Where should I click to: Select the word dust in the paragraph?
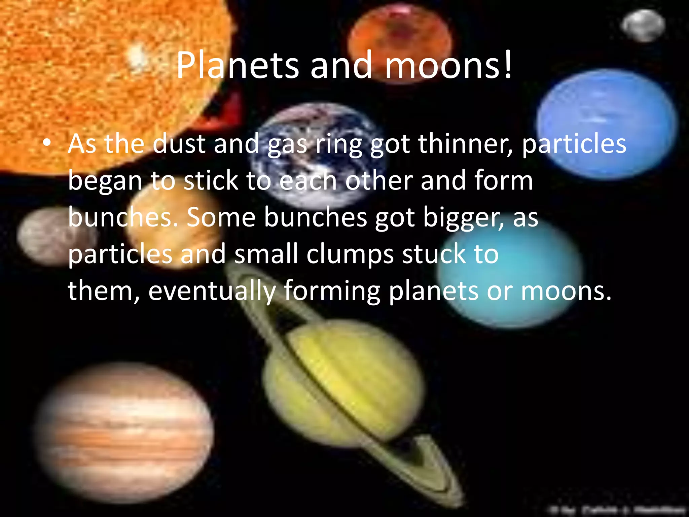point(179,144)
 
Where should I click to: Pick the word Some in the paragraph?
point(221,217)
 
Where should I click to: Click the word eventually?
point(212,291)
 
